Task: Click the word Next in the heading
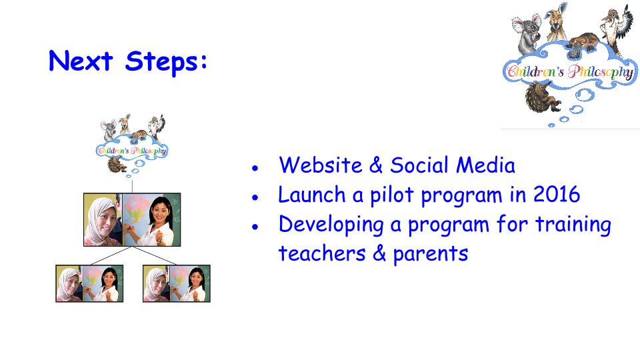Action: (x=81, y=61)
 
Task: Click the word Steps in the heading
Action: (x=163, y=62)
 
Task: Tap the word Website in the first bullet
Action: (x=321, y=165)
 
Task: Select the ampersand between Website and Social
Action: (x=375, y=165)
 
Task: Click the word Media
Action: (x=485, y=165)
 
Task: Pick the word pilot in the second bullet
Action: (x=392, y=195)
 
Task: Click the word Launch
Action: (x=312, y=194)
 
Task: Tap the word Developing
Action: (x=331, y=225)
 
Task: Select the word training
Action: (x=573, y=225)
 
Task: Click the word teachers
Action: (x=321, y=253)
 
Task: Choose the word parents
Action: (x=430, y=254)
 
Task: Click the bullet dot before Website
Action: (x=255, y=167)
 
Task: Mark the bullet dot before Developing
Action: (x=255, y=227)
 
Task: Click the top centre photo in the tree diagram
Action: (x=132, y=219)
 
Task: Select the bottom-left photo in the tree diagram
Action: (x=89, y=283)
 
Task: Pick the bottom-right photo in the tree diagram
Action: (x=176, y=283)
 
